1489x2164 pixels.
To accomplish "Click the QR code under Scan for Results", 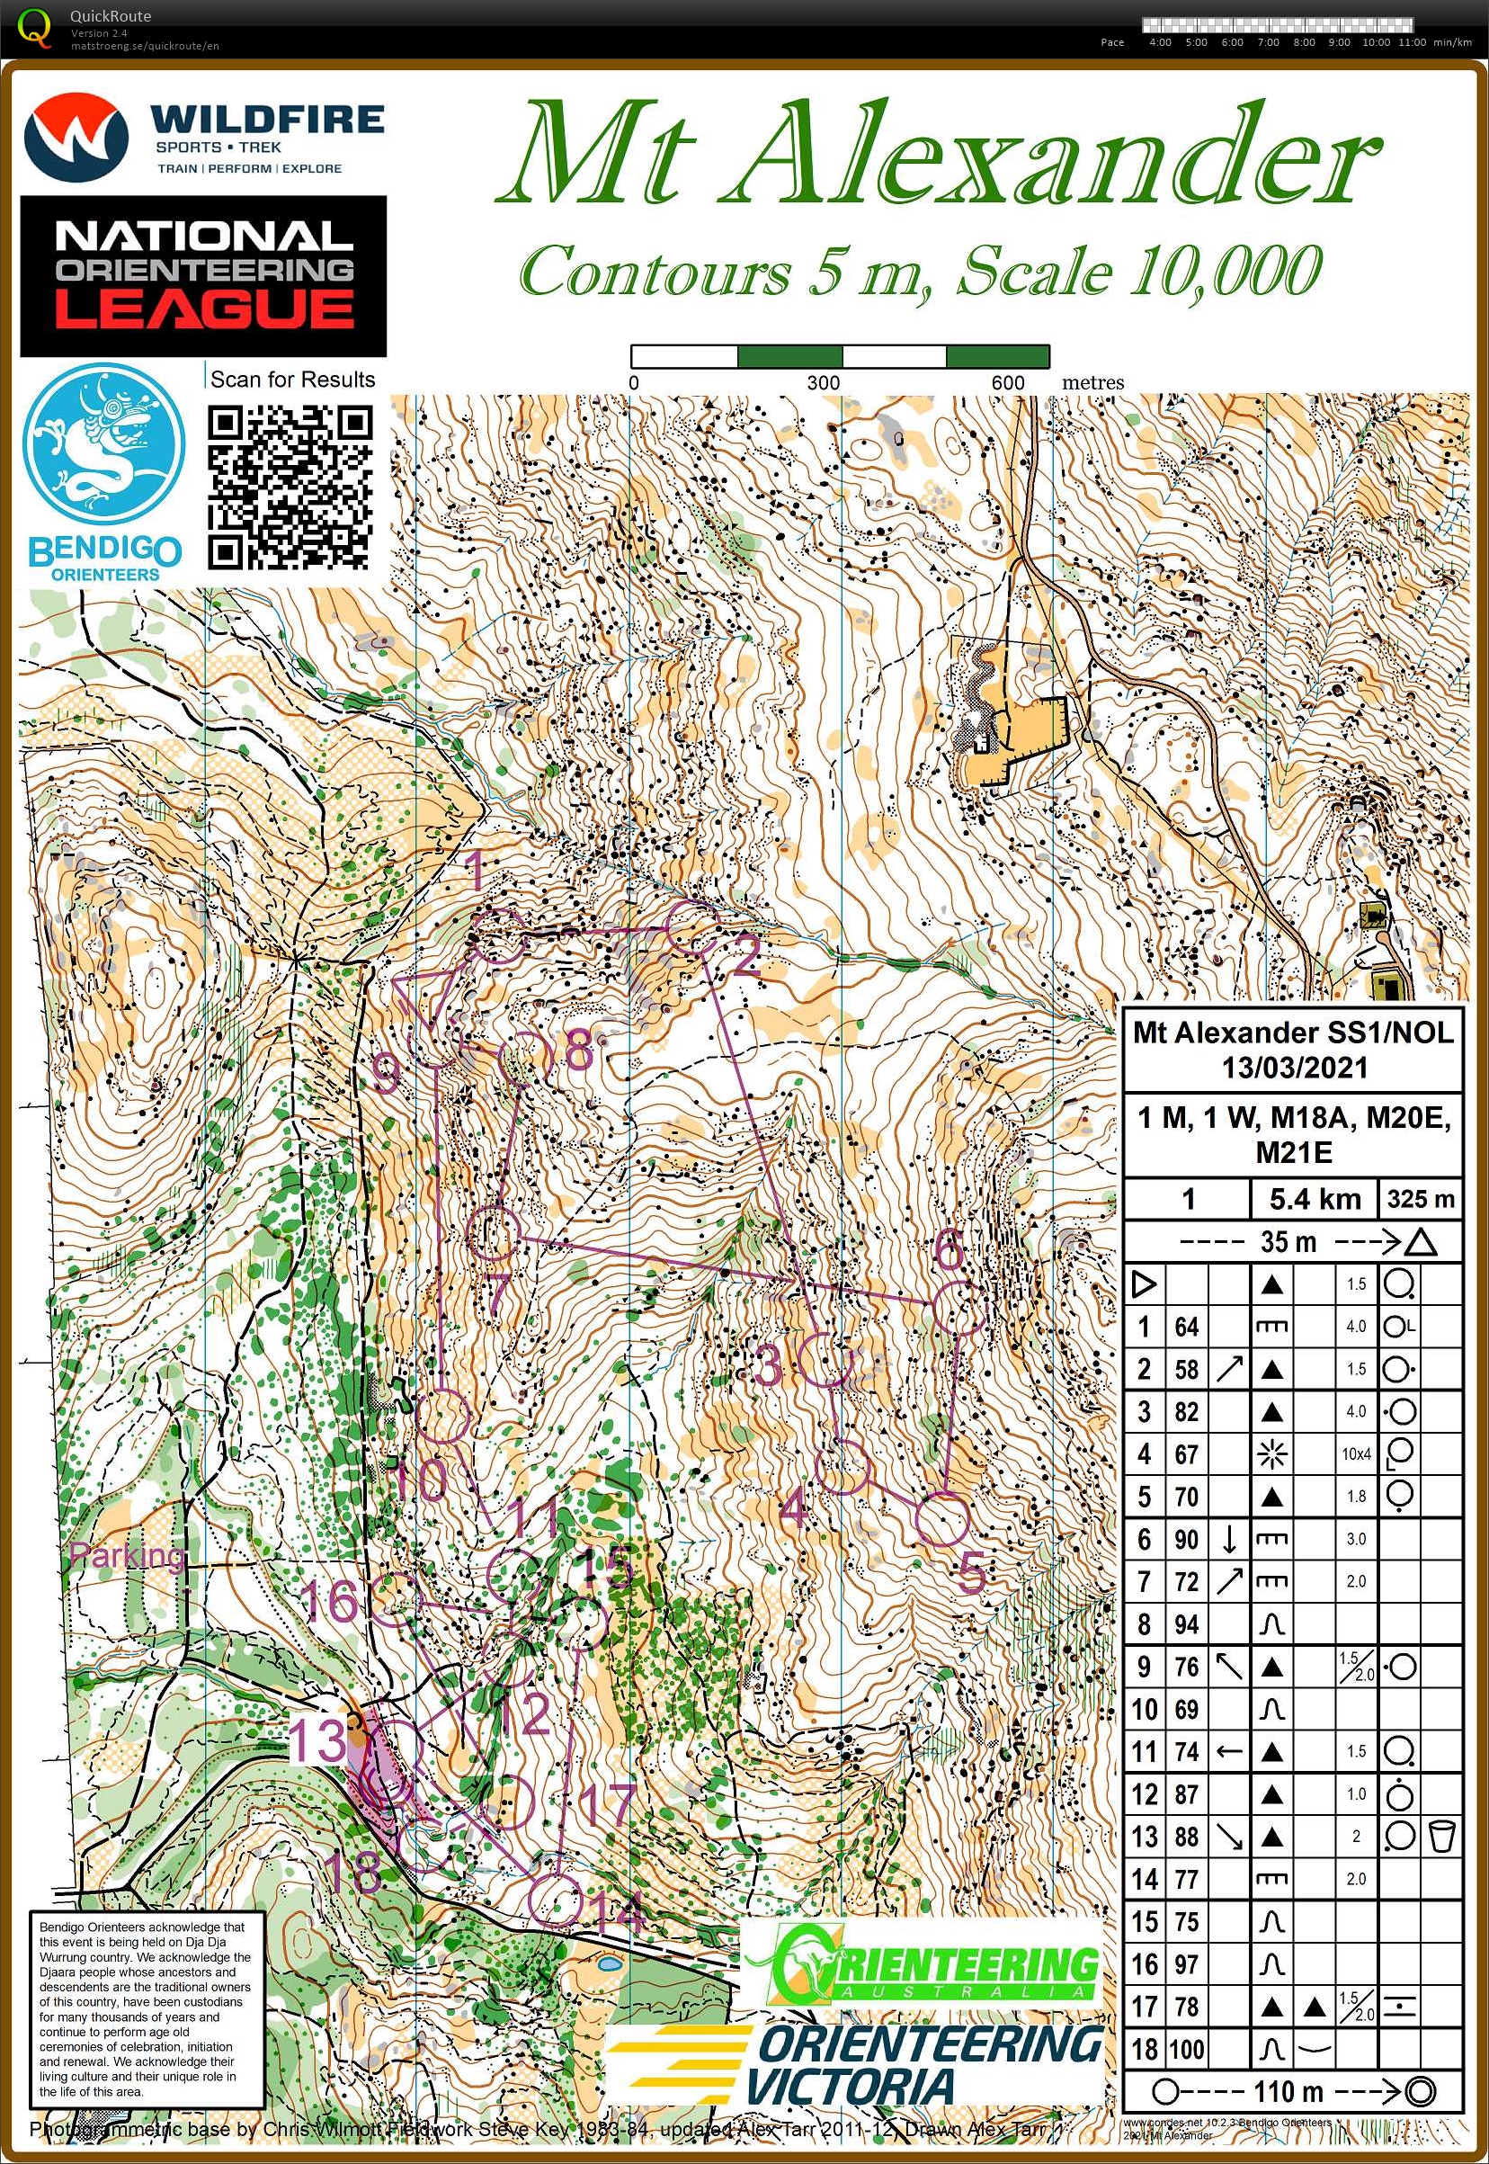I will point(290,487).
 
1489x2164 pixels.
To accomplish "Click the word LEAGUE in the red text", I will point(204,310).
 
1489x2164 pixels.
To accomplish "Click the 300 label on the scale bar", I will point(823,382).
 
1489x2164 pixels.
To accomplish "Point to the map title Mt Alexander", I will point(937,154).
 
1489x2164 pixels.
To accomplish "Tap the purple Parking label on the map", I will point(128,1556).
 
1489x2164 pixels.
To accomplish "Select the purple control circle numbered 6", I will point(958,1308).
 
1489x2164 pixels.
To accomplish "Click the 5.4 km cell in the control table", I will point(1314,1199).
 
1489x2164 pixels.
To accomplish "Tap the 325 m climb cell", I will point(1419,1199).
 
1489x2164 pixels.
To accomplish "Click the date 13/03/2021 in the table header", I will point(1294,1068).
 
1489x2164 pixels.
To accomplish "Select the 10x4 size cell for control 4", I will point(1356,1453).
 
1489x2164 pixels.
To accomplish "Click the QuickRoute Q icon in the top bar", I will point(35,26).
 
